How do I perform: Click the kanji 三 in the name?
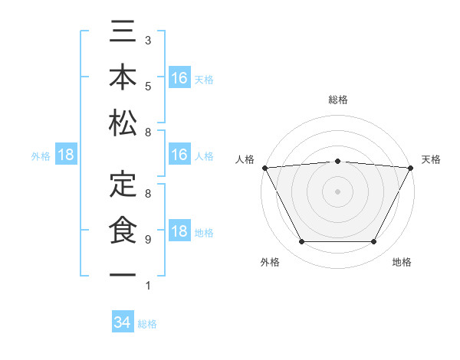pyautogui.click(x=123, y=33)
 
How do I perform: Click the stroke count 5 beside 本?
pyautogui.click(x=147, y=87)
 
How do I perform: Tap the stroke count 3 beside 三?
pyautogui.click(x=147, y=40)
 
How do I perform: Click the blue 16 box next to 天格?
pyautogui.click(x=179, y=78)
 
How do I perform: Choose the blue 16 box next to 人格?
pyautogui.click(x=179, y=155)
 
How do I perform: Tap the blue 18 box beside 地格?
pyautogui.click(x=179, y=232)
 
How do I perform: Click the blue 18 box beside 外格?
pyautogui.click(x=66, y=155)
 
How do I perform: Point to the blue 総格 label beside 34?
pyautogui.click(x=147, y=324)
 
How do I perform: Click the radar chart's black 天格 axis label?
pyautogui.click(x=431, y=159)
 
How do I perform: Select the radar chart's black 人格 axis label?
pyautogui.click(x=245, y=159)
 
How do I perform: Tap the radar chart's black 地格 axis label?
pyautogui.click(x=402, y=262)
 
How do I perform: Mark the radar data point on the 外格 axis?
pyautogui.click(x=301, y=242)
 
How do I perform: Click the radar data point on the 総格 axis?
pyautogui.click(x=337, y=161)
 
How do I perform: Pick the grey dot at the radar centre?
pyautogui.click(x=337, y=191)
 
